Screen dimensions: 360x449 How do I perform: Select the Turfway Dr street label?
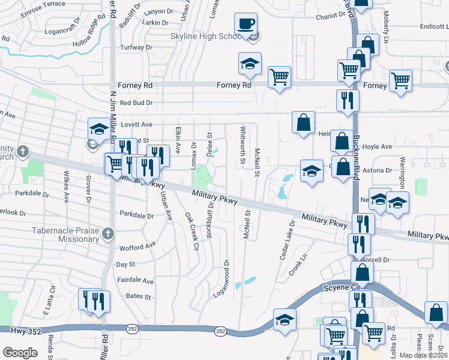click(x=136, y=47)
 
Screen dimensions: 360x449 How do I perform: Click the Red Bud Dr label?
click(x=136, y=103)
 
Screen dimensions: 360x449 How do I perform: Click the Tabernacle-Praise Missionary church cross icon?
click(x=107, y=233)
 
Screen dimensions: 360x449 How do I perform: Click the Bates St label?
click(x=137, y=296)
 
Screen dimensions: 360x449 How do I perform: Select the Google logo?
click(x=20, y=352)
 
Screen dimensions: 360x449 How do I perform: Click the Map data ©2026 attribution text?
click(x=424, y=355)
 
